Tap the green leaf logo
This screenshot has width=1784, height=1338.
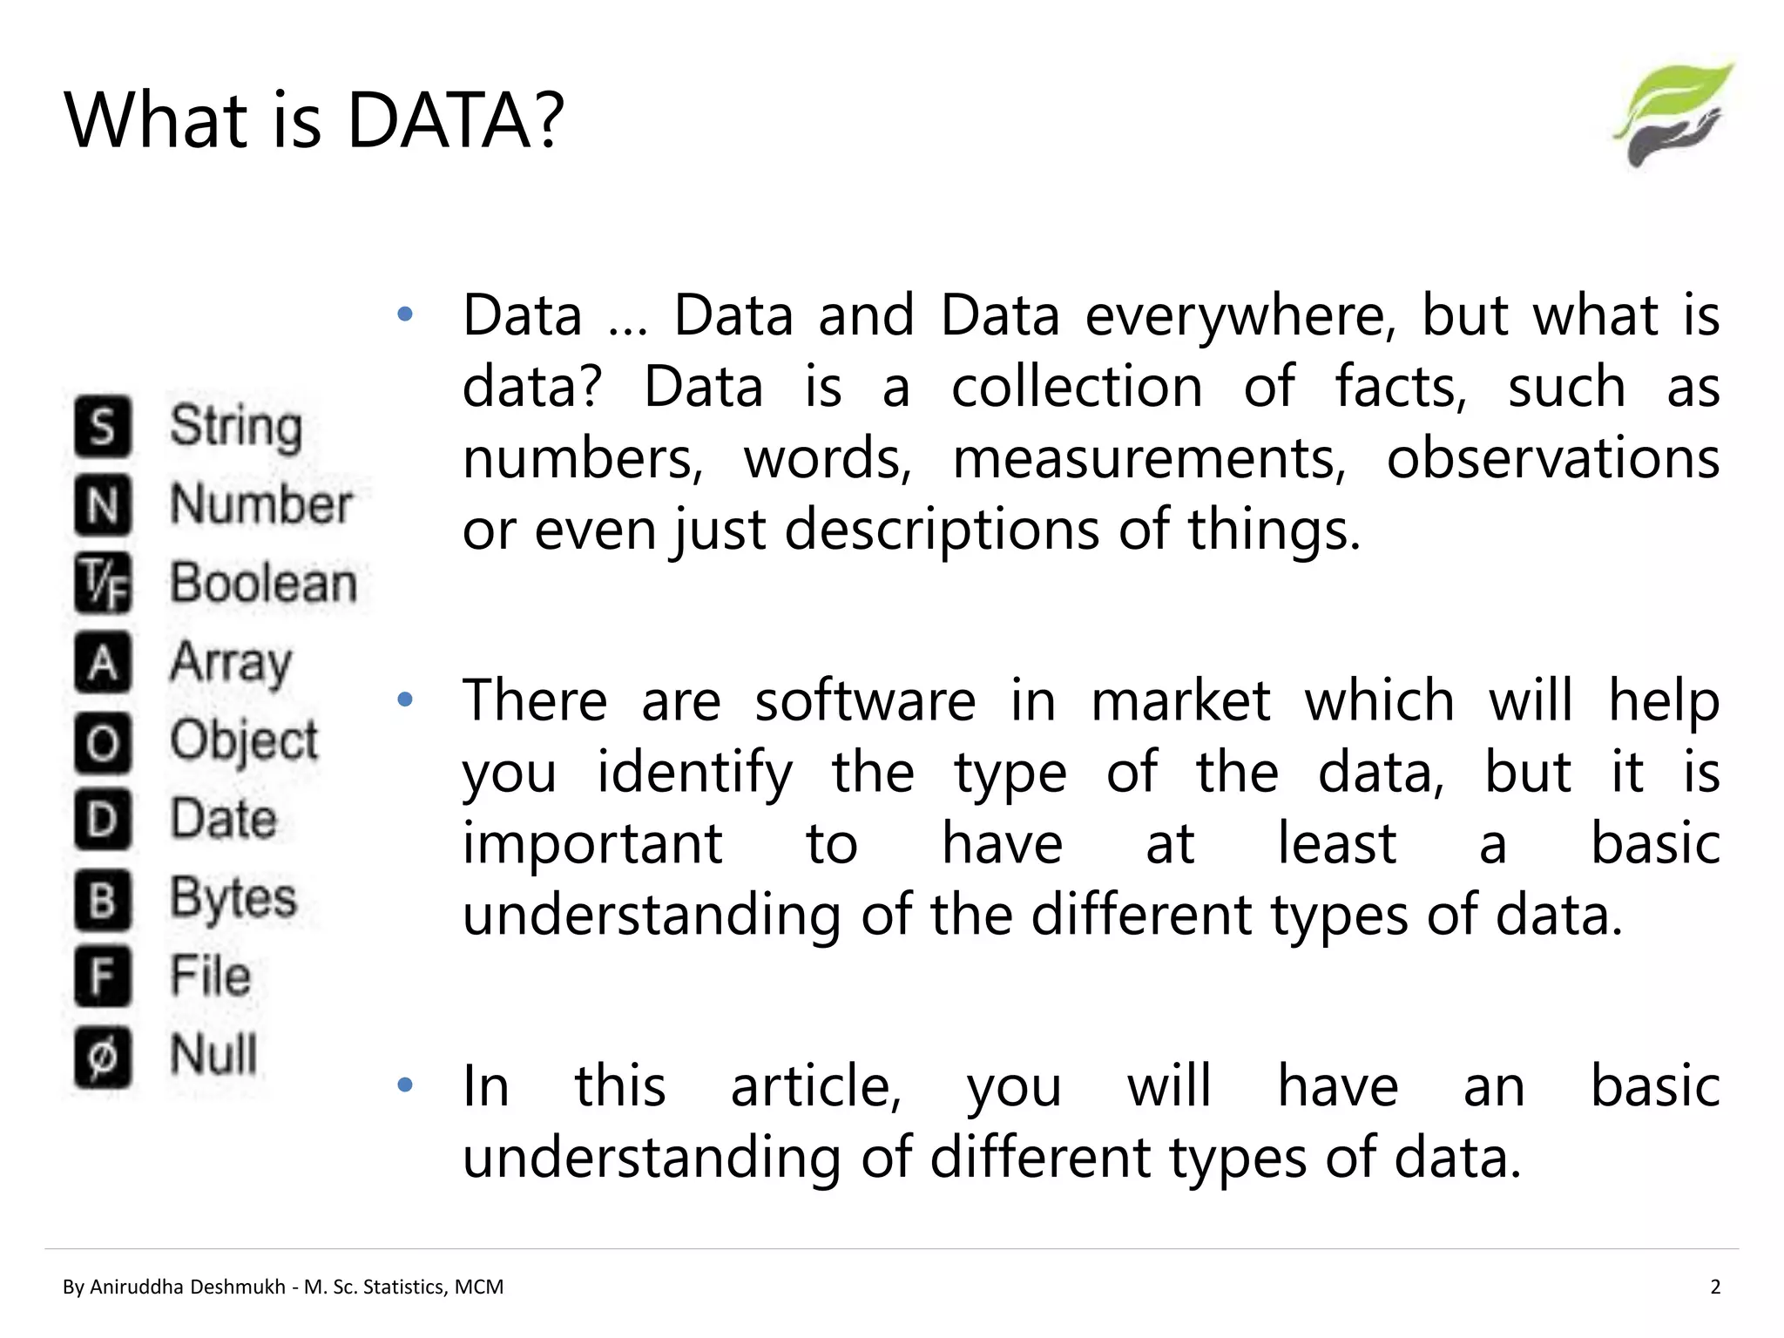(1673, 114)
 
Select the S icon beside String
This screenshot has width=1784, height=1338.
(103, 426)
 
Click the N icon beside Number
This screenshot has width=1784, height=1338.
(103, 504)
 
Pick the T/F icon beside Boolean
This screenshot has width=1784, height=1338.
(103, 583)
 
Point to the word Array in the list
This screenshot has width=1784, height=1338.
(231, 663)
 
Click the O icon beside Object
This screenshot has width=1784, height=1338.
(103, 742)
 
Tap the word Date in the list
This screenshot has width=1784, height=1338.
(223, 819)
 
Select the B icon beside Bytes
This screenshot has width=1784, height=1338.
(103, 898)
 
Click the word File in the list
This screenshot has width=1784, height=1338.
(211, 976)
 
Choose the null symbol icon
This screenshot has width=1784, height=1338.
(103, 1057)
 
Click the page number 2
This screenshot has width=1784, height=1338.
(1715, 1287)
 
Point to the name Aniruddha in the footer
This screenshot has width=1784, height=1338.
(141, 1287)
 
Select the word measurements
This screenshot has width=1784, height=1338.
(1149, 459)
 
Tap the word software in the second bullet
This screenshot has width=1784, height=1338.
(865, 701)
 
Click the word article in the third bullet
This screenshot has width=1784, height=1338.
(816, 1087)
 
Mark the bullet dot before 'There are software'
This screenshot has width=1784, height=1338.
(404, 699)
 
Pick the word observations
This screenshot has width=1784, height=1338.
(1552, 459)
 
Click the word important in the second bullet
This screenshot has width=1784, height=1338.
(592, 844)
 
